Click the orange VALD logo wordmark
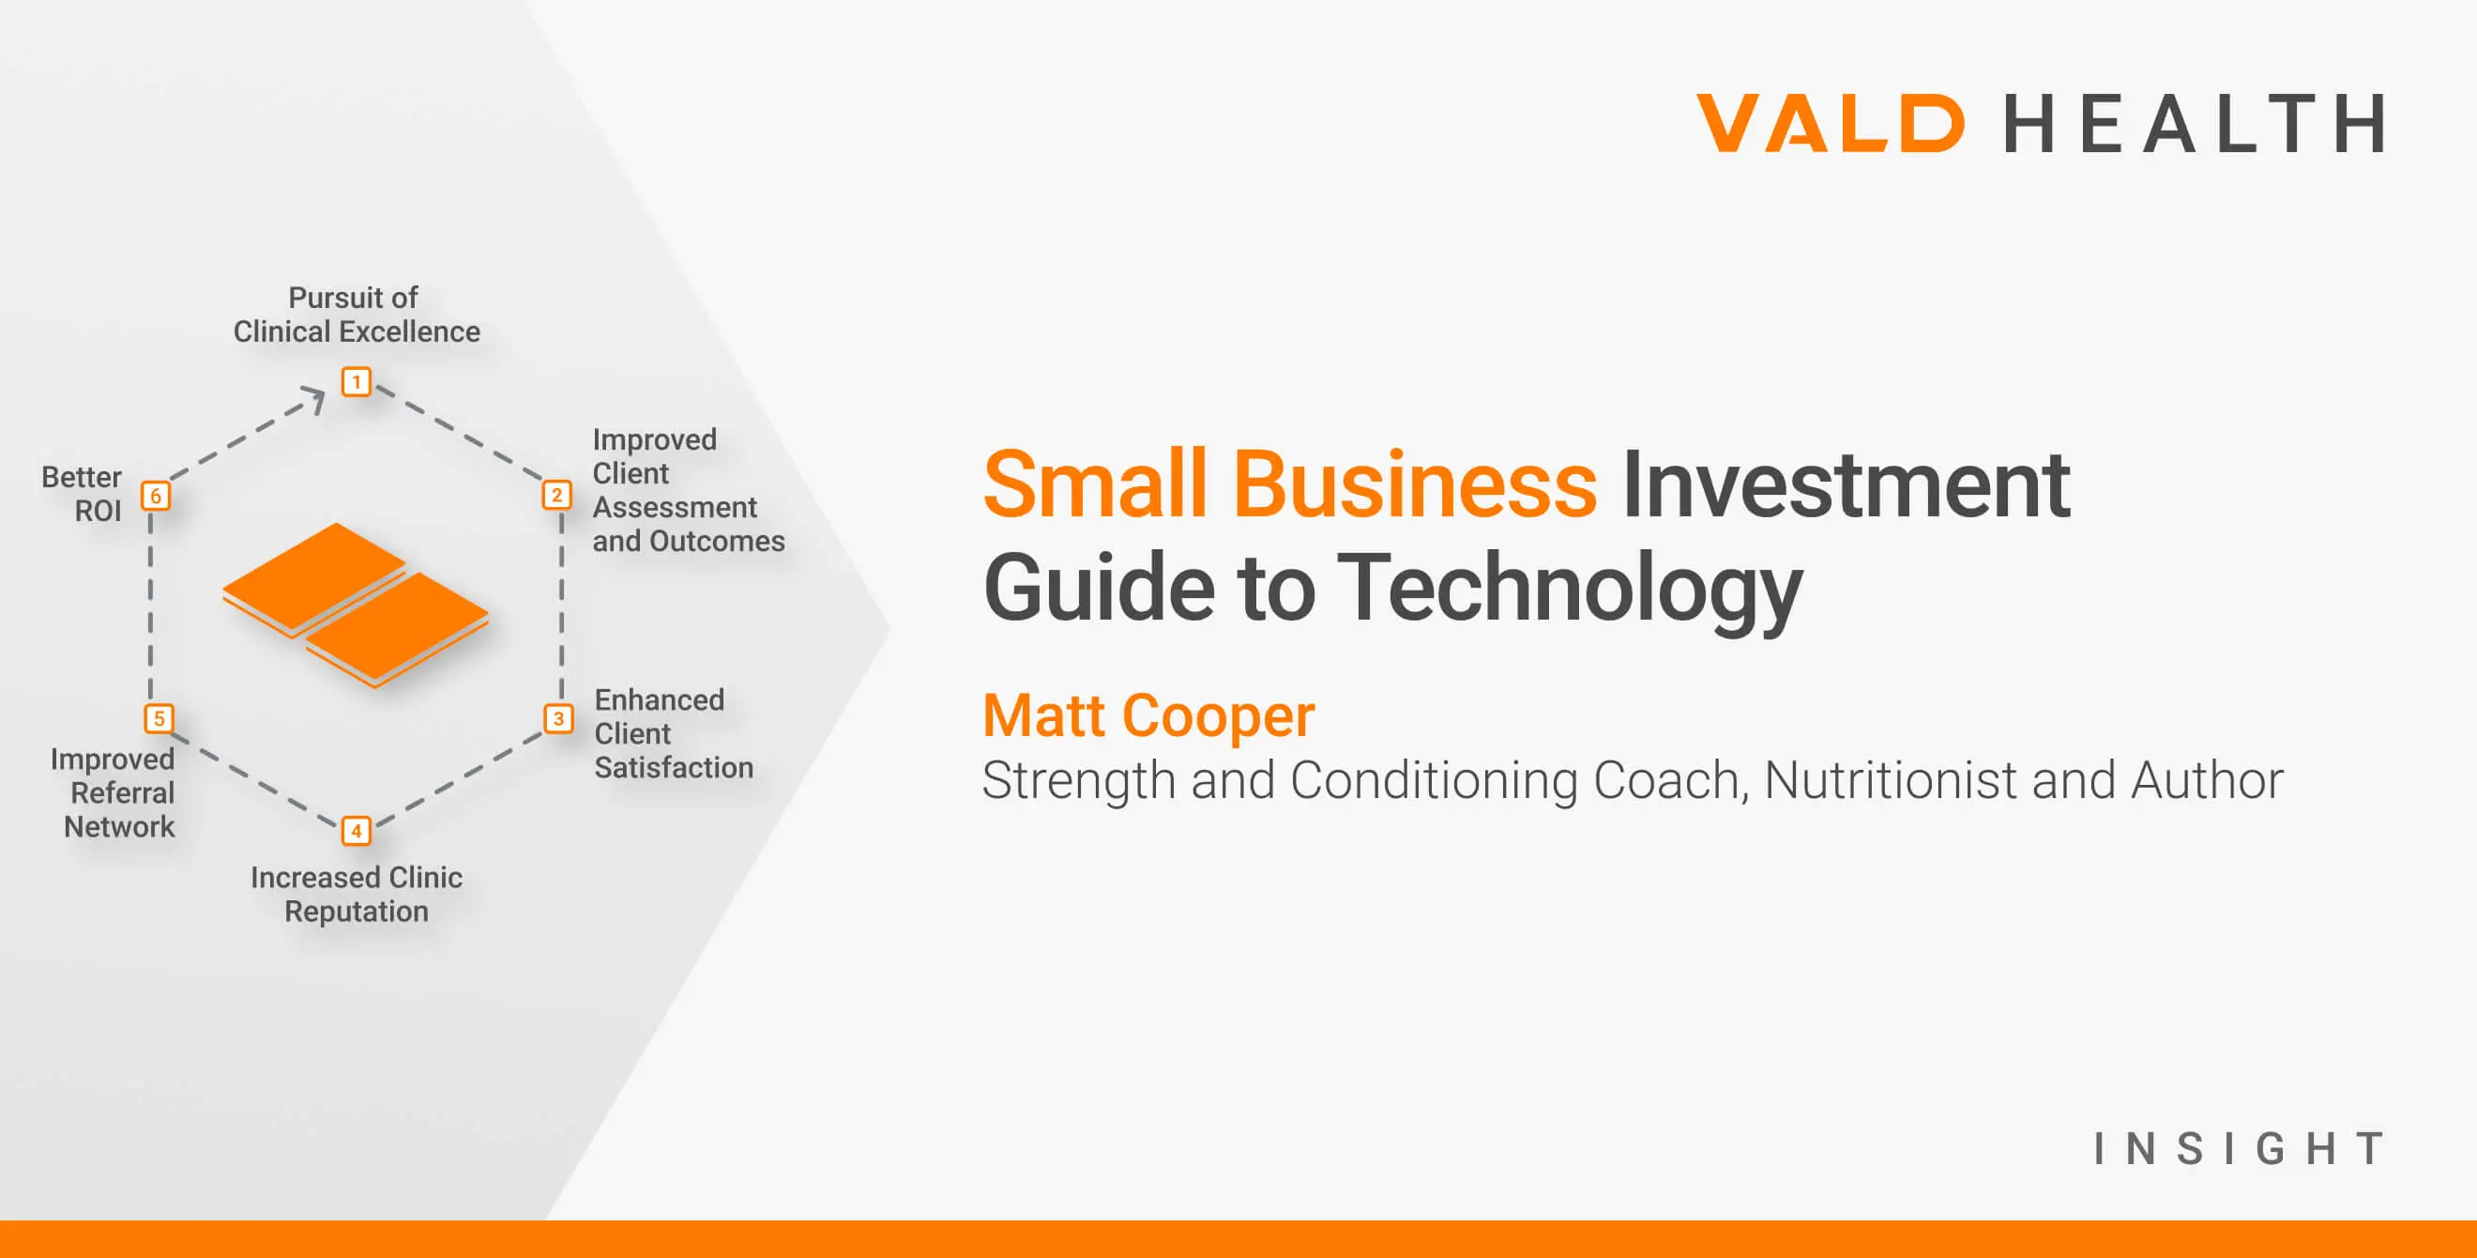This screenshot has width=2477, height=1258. [1830, 123]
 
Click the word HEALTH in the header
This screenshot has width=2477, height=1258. [2194, 123]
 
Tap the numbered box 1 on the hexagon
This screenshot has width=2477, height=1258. [357, 382]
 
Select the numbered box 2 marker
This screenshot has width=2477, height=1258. [556, 496]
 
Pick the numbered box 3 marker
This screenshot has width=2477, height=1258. [558, 718]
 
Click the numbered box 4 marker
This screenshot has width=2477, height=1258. [357, 830]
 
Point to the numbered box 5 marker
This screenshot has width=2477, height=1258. [159, 718]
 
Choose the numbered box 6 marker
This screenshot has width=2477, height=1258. [156, 496]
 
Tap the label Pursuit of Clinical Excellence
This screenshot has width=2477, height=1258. [357, 314]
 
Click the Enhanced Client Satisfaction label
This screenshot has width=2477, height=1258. [672, 734]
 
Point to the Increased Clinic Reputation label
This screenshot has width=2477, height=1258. [357, 895]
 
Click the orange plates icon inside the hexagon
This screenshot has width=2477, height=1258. [356, 606]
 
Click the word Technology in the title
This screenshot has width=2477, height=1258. [1570, 589]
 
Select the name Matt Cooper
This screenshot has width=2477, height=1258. [1148, 715]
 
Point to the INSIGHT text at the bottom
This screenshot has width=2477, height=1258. [2240, 1148]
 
